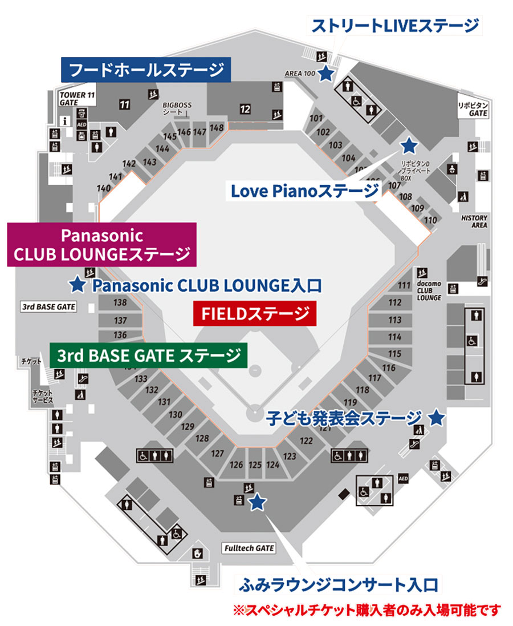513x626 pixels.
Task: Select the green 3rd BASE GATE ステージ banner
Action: [148, 356]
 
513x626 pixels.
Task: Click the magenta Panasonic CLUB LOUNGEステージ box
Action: [102, 245]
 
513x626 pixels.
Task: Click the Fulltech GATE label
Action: [249, 548]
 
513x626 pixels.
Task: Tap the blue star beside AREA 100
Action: [326, 74]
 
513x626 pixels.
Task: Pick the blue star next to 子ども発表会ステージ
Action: [436, 418]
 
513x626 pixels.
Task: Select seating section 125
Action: [255, 466]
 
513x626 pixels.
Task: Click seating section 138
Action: [120, 303]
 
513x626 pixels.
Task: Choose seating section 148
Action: [217, 128]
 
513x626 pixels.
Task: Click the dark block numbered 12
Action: [245, 108]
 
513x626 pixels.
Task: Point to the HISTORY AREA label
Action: [474, 221]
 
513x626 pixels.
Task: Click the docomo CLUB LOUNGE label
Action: [429, 289]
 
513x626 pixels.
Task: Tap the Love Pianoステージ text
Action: [304, 191]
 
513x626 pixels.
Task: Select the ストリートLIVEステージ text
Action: [394, 25]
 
